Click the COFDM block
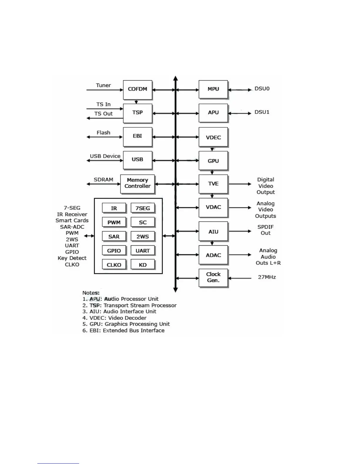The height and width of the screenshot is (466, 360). (x=137, y=89)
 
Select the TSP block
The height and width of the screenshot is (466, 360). (x=137, y=113)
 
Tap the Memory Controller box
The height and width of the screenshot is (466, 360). (x=137, y=184)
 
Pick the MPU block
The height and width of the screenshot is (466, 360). (x=213, y=89)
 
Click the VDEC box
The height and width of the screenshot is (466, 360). (x=213, y=137)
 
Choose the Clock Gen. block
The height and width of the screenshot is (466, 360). (x=213, y=277)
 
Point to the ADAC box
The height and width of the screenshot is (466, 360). (x=213, y=255)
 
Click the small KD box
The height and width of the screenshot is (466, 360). (x=143, y=265)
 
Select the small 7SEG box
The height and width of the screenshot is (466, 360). (x=143, y=208)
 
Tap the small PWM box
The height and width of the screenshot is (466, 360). (x=114, y=222)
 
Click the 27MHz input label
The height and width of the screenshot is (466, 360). (x=267, y=277)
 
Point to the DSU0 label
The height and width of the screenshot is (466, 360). (x=262, y=89)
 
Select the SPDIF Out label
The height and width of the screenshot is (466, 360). (x=265, y=230)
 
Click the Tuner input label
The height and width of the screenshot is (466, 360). (x=103, y=85)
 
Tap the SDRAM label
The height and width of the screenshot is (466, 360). (x=103, y=180)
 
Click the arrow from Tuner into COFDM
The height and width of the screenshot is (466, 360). (x=104, y=90)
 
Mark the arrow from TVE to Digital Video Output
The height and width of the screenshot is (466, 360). (x=240, y=184)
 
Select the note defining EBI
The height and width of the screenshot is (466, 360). (x=123, y=330)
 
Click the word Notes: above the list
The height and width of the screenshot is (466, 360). (x=91, y=293)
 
